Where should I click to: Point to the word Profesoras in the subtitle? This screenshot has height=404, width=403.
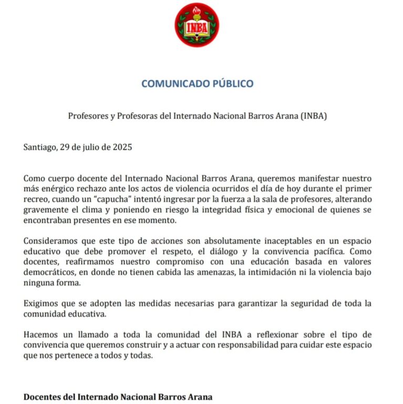[x=133, y=116]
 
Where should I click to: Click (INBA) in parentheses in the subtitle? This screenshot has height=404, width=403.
[x=314, y=116]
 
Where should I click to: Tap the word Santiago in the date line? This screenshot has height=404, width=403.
[x=40, y=147]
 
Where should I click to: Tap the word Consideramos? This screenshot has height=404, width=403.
[x=51, y=241]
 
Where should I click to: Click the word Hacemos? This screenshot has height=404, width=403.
[x=39, y=335]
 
